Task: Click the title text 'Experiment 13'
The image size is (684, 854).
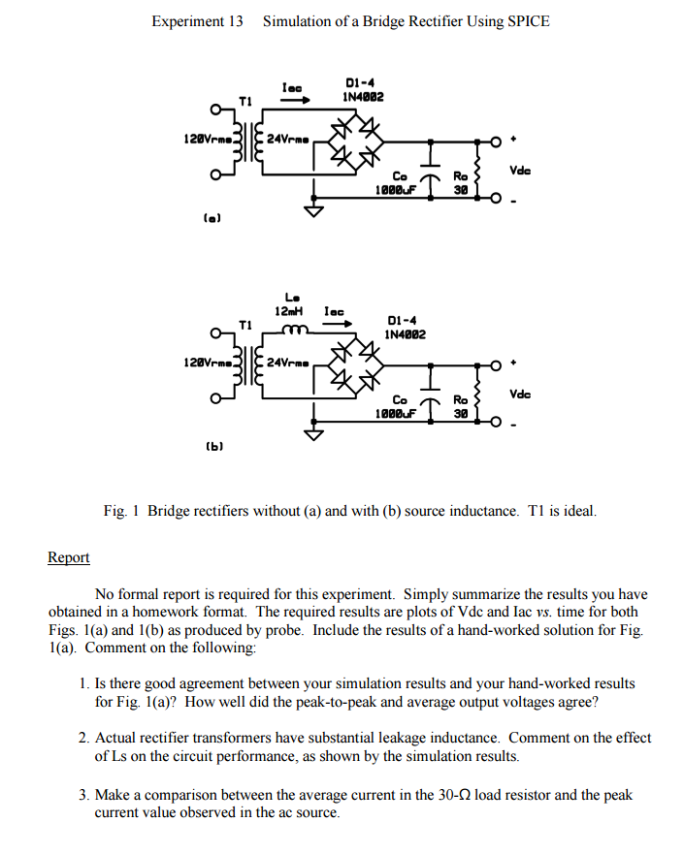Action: click(x=197, y=21)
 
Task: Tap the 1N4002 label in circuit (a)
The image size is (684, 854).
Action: click(x=363, y=97)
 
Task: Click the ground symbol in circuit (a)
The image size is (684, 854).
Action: click(x=313, y=211)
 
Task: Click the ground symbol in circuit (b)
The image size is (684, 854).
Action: click(x=313, y=434)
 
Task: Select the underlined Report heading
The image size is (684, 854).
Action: click(x=68, y=557)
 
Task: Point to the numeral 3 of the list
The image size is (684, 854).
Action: click(x=83, y=795)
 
